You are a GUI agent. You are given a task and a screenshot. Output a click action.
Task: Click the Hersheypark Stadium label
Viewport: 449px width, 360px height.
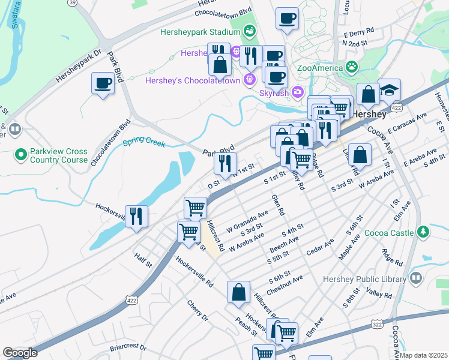(x=200, y=31)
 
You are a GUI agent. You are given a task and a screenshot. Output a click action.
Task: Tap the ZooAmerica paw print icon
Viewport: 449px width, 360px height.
(x=351, y=67)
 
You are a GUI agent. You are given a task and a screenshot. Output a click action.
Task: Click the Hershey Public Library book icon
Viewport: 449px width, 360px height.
(x=415, y=278)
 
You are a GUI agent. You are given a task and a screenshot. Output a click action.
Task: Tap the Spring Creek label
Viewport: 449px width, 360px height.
(x=143, y=142)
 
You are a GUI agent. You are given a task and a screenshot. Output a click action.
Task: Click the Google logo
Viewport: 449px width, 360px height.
(x=20, y=352)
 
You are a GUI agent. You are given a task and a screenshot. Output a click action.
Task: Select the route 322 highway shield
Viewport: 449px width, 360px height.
(x=377, y=324)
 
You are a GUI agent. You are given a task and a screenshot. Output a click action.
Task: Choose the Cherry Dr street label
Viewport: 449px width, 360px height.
(x=196, y=310)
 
